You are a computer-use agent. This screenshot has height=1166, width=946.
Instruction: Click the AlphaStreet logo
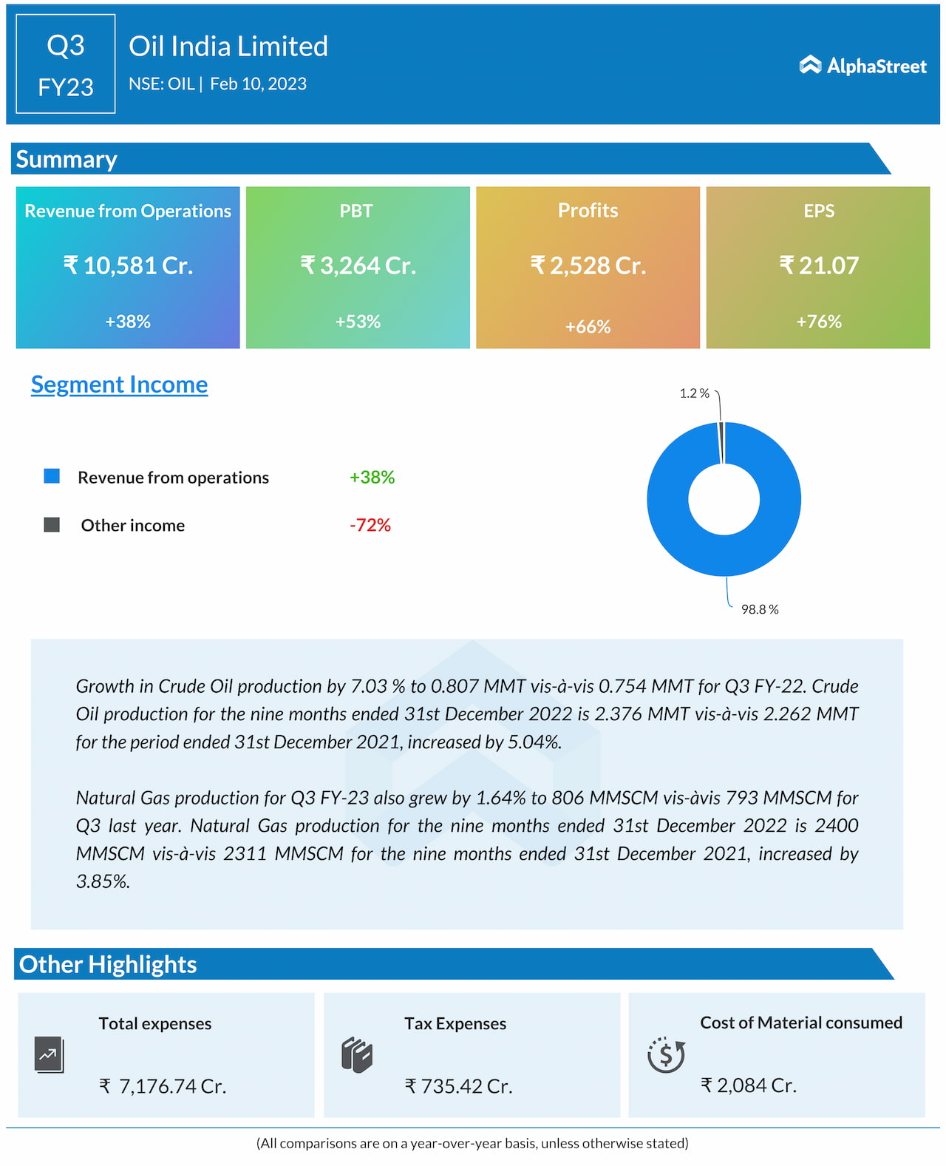(x=862, y=66)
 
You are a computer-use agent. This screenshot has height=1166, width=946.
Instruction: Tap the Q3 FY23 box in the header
(x=66, y=64)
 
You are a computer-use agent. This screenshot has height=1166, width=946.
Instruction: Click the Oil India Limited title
(x=228, y=47)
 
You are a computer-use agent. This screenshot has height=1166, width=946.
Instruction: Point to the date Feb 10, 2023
(x=258, y=84)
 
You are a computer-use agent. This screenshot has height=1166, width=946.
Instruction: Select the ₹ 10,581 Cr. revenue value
(x=128, y=265)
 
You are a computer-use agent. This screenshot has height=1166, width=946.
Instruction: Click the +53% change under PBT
(x=358, y=322)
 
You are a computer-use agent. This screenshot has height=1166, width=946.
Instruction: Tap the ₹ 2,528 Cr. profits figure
(x=588, y=265)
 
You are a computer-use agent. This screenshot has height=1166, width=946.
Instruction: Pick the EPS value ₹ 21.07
(x=819, y=265)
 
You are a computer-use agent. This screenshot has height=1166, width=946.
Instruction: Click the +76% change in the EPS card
(x=819, y=322)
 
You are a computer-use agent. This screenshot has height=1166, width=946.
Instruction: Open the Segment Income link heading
(x=119, y=384)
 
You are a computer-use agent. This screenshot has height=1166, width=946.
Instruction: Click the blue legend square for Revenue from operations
(x=52, y=476)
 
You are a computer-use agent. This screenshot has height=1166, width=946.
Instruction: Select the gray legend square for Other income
(x=52, y=525)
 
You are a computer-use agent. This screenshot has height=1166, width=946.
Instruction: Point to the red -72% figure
(x=370, y=525)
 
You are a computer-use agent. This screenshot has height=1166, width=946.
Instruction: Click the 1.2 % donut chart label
(x=694, y=393)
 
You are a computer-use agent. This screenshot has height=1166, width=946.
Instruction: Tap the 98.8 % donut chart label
(x=760, y=609)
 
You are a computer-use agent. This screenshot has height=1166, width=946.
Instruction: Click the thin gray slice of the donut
(x=721, y=442)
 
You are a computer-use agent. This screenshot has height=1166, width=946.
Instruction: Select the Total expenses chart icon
(x=49, y=1055)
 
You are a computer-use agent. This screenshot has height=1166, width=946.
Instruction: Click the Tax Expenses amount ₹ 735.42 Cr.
(x=458, y=1086)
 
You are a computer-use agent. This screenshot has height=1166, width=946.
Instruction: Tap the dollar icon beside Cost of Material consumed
(x=666, y=1055)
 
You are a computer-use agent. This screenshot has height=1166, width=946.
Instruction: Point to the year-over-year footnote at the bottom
(x=472, y=1143)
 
